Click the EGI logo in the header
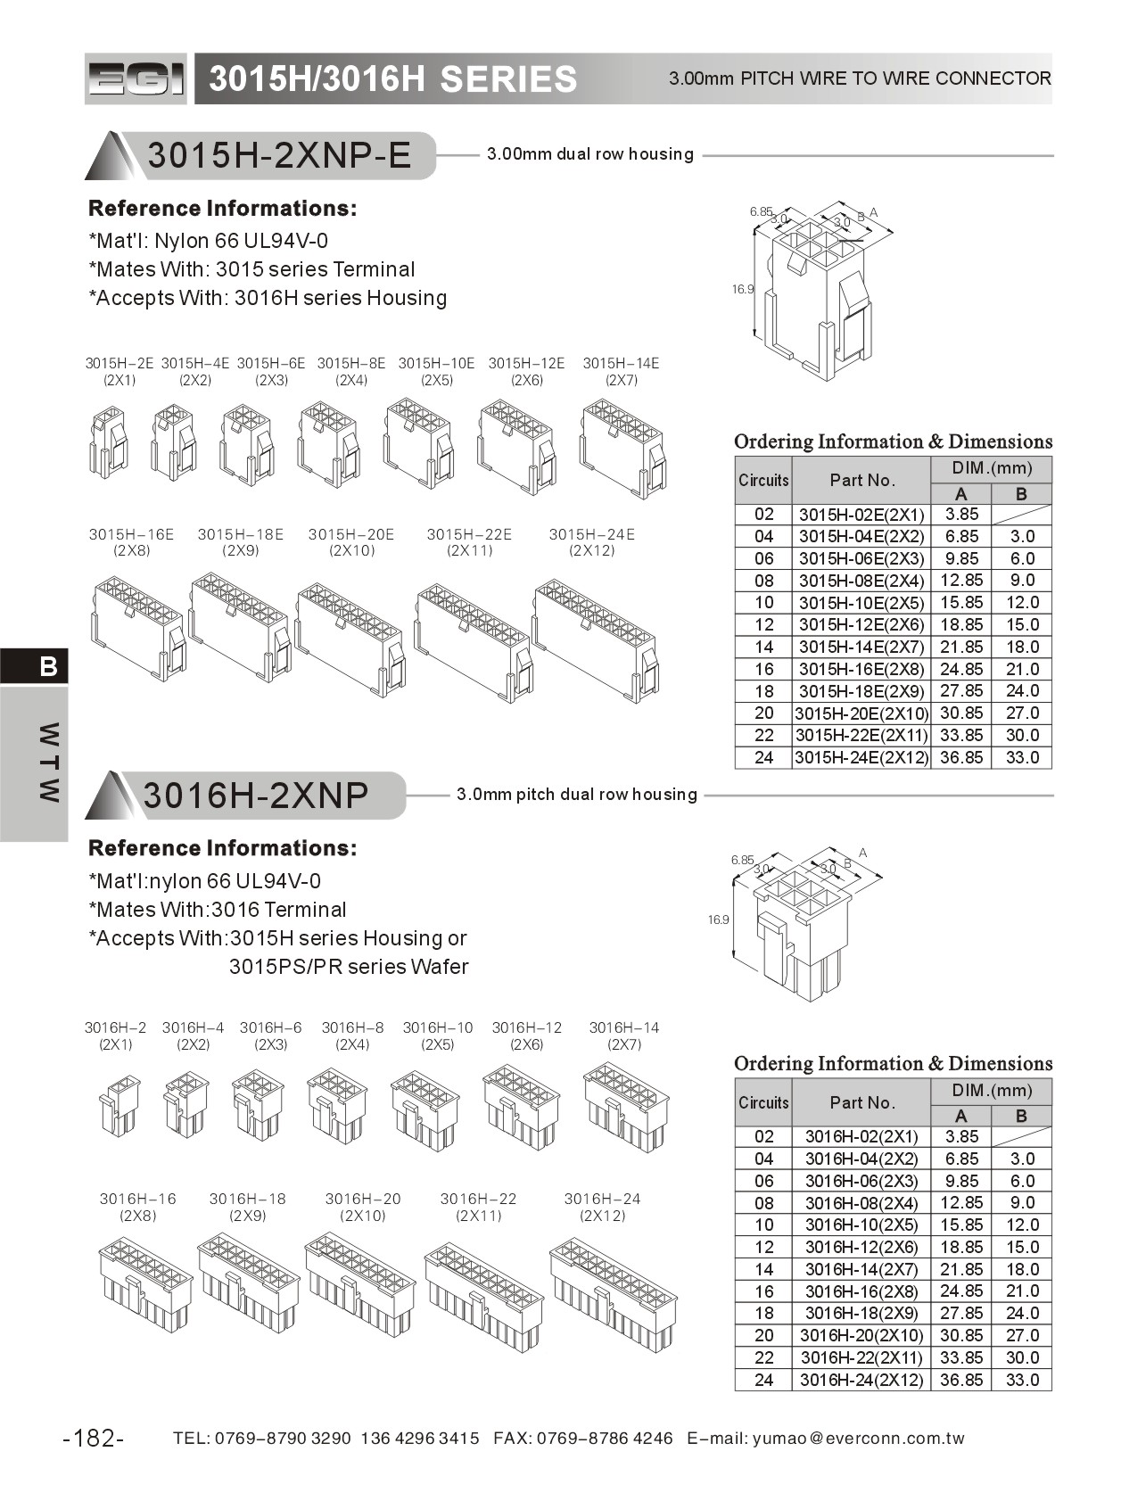136,79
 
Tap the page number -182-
94,1438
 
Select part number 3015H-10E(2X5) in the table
861,603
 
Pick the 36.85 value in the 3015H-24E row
960,757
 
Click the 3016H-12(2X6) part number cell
861,1247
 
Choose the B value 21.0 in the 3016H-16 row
1022,1291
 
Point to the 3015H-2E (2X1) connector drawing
108,441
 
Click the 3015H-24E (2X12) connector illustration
596,639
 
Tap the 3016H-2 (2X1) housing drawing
119,1105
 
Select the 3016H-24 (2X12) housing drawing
613,1292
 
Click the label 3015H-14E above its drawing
621,363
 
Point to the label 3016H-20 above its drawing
363,1199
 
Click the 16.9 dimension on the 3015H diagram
743,289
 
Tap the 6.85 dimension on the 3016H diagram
742,860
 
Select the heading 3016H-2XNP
256,795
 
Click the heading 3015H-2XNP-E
279,155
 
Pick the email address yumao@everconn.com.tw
859,1438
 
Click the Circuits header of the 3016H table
763,1102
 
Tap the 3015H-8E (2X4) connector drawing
329,443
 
